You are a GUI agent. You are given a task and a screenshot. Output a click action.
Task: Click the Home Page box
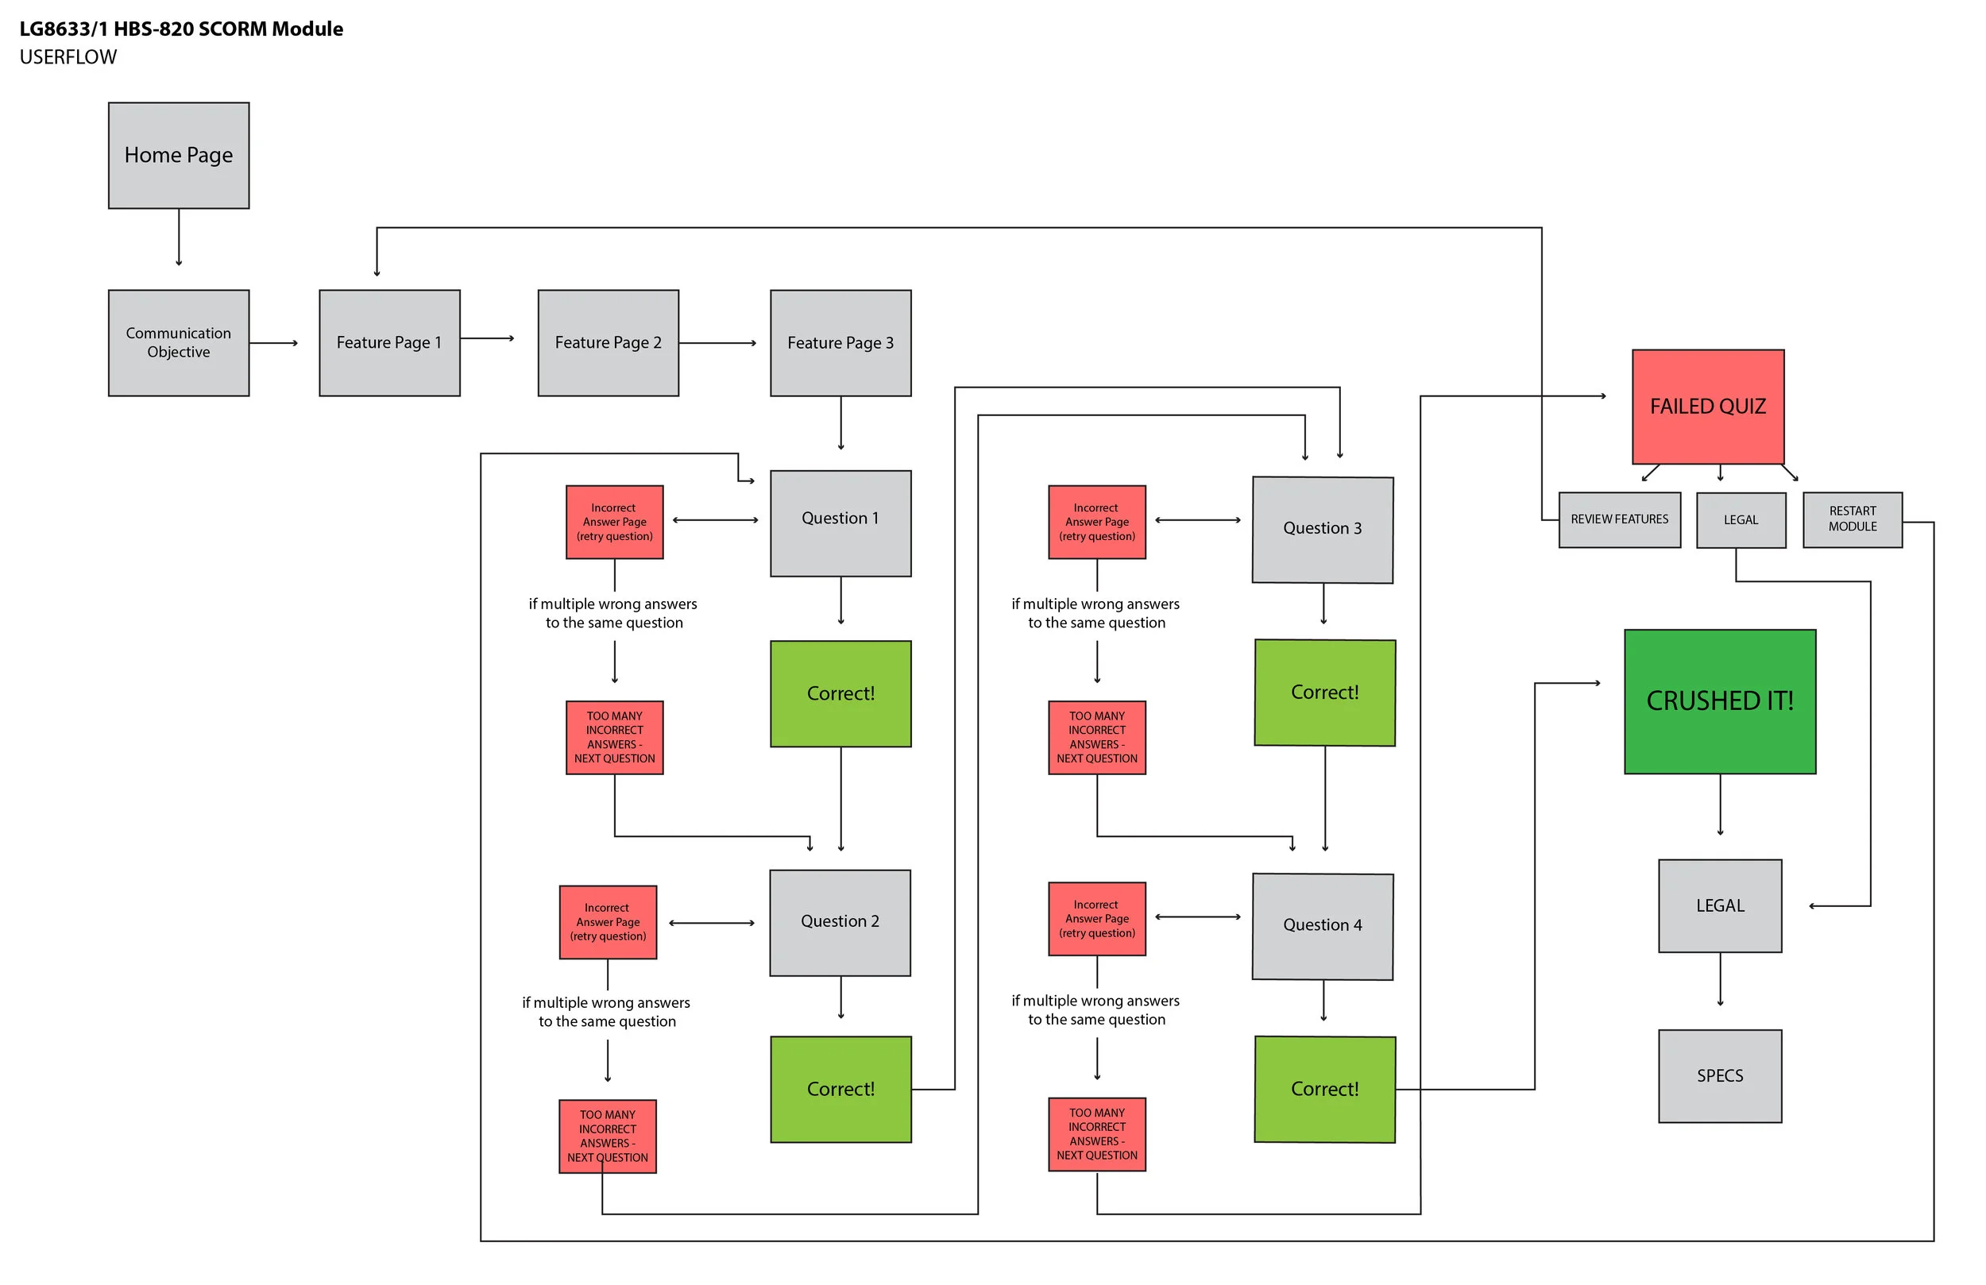point(179,155)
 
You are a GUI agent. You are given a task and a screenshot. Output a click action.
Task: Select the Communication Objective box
point(179,343)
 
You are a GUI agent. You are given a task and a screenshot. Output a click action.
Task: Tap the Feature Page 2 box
point(608,343)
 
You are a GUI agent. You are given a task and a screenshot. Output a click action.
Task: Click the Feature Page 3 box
point(840,343)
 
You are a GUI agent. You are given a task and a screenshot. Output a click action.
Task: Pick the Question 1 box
point(840,523)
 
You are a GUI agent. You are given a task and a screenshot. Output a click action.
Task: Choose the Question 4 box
point(1322,926)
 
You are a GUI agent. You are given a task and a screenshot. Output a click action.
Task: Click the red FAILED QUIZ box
point(1707,407)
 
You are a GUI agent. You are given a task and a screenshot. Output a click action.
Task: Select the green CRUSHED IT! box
point(1719,701)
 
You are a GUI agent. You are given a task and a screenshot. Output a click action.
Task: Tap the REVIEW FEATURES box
point(1619,520)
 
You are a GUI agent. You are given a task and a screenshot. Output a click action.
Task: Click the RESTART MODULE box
point(1852,520)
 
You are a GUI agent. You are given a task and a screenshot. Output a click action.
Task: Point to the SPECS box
point(1719,1075)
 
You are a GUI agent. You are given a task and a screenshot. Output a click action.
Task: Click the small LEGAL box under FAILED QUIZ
point(1741,520)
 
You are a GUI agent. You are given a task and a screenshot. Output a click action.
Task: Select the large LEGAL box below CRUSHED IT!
point(1719,905)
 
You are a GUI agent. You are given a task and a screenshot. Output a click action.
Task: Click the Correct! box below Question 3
point(1324,693)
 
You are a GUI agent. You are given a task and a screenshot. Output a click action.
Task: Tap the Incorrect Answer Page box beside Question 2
point(608,922)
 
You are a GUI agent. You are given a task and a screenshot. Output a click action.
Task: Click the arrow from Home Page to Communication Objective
point(179,237)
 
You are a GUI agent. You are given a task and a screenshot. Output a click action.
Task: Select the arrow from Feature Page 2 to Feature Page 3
point(717,343)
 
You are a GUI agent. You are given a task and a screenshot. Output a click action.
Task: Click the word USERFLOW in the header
point(68,56)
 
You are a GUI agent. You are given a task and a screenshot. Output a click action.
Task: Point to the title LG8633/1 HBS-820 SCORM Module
point(181,29)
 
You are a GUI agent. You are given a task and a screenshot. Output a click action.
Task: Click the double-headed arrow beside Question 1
point(715,520)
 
